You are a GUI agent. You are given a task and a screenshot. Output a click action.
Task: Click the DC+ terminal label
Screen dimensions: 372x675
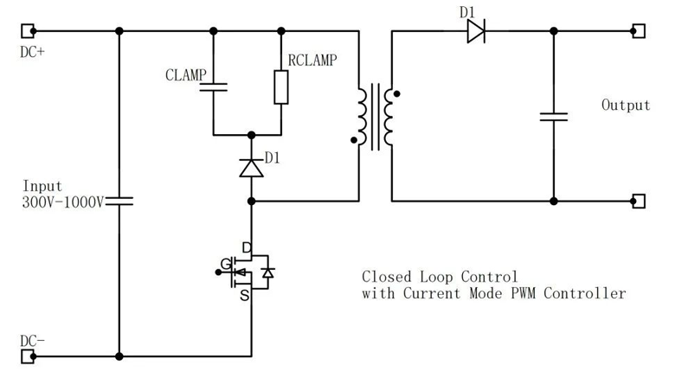[32, 51]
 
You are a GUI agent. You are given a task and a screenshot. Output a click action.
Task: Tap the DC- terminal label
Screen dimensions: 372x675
[32, 341]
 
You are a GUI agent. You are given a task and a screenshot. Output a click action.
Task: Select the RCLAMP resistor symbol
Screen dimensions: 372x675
[280, 87]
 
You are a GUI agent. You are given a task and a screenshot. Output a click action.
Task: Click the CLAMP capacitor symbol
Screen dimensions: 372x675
[213, 86]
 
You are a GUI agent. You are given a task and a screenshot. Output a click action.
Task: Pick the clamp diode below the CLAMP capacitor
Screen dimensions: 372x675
[251, 168]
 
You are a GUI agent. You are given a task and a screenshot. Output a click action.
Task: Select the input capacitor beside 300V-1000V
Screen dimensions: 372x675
[119, 201]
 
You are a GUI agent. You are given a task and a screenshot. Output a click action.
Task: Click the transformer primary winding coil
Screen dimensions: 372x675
[361, 114]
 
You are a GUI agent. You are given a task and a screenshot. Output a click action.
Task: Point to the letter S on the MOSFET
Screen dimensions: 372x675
[246, 296]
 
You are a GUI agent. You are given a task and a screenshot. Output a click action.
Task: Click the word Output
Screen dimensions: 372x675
[625, 106]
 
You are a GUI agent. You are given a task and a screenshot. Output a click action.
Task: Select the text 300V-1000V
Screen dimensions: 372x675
[62, 202]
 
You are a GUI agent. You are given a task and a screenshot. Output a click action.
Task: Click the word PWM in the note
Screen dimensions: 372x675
[534, 293]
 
